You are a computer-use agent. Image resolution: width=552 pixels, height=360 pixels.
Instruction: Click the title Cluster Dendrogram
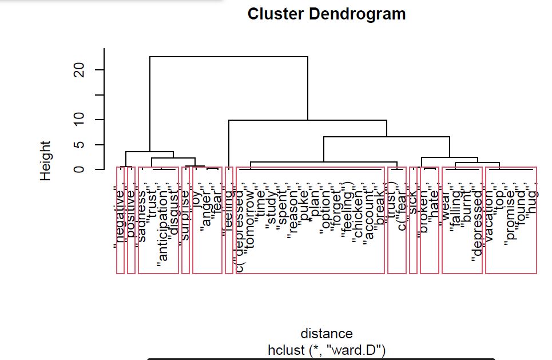327,14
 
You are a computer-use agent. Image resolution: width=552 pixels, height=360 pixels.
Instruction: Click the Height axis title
46,161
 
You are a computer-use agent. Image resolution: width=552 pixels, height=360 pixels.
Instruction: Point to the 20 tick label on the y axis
81,70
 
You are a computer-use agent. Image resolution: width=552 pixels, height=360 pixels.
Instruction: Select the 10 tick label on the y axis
81,119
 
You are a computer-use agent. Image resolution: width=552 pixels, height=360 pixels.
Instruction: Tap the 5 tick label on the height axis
81,144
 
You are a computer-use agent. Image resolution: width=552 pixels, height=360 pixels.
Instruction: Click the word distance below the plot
327,333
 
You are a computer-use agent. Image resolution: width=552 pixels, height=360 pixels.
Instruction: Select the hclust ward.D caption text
327,348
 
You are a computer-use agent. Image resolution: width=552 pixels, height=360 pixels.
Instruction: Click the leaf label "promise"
511,217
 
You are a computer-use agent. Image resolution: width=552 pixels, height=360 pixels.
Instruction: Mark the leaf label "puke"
304,206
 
